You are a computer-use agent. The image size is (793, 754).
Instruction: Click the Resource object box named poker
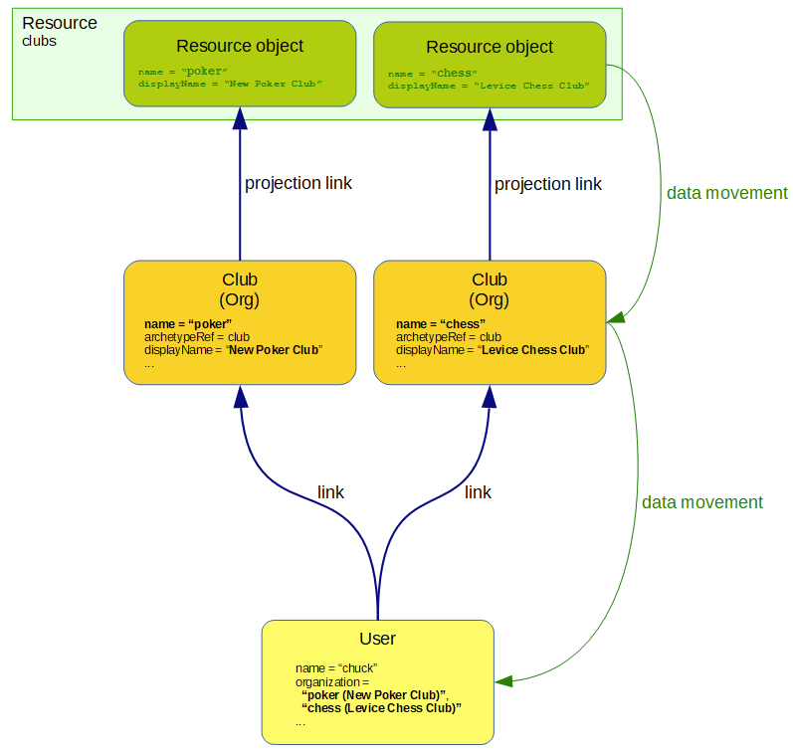[239, 63]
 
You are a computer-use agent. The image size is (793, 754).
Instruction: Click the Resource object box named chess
[490, 64]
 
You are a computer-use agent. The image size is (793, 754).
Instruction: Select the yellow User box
[377, 681]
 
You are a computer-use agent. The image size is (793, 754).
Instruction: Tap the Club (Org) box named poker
[239, 321]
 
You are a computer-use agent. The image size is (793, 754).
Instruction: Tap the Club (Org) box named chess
[490, 321]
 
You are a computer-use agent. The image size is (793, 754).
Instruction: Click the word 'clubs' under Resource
[40, 42]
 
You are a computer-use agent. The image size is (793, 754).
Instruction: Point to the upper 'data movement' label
[726, 193]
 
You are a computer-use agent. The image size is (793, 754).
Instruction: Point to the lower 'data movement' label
[701, 502]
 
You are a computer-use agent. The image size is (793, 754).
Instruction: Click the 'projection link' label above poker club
[298, 183]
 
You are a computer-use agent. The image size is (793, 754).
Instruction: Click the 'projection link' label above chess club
[548, 184]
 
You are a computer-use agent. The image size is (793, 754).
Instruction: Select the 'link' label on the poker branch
[330, 491]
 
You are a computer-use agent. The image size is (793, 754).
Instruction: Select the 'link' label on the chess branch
[478, 491]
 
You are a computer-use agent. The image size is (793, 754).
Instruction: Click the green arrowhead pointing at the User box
[503, 681]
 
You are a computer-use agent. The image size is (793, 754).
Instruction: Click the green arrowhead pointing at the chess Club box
[616, 317]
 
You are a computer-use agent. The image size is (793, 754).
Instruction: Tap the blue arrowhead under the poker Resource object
[240, 118]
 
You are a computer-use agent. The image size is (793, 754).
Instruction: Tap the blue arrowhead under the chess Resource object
[490, 118]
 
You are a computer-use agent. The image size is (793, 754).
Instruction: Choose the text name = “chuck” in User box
[336, 667]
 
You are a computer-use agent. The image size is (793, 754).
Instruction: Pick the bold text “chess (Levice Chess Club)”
[381, 707]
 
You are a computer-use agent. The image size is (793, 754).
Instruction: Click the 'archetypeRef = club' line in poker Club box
[197, 337]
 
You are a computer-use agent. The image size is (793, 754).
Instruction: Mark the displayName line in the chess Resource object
[489, 87]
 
